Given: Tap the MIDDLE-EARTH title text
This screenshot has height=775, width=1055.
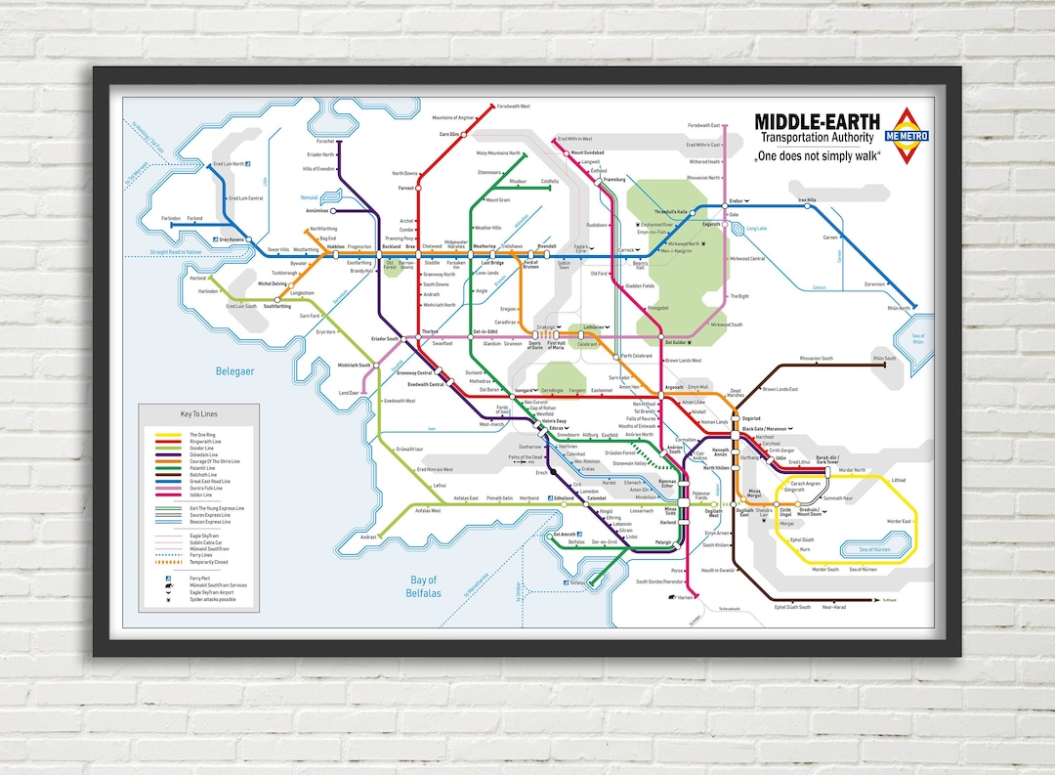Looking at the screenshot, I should point(817,122).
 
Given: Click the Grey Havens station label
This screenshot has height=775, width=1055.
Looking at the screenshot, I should point(232,238).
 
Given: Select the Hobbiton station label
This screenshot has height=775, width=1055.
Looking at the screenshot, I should point(335,247).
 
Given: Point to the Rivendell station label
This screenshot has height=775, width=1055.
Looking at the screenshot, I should point(546,246).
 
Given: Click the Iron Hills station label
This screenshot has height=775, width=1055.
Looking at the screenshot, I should point(807,199).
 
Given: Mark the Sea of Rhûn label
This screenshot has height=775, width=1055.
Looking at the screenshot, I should point(917,338).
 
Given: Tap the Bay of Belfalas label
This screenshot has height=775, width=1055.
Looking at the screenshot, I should point(427,586).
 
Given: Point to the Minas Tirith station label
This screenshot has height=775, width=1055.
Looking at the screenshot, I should point(669,510).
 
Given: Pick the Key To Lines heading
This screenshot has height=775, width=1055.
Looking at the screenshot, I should point(198,414).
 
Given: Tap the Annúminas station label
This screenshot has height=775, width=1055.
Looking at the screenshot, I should point(318,210).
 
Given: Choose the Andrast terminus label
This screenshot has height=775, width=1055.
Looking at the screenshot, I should point(368,538).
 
